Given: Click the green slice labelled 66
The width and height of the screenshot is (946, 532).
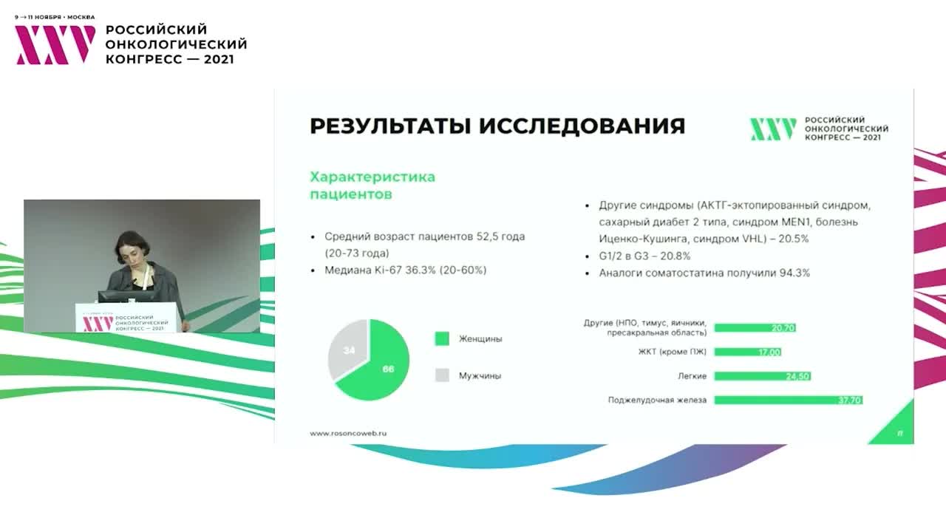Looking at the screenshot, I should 381,366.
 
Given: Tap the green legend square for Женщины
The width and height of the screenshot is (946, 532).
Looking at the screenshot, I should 442,338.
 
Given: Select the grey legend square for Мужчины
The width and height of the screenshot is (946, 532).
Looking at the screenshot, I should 442,375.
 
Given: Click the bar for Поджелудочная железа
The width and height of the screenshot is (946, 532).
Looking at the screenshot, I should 788,400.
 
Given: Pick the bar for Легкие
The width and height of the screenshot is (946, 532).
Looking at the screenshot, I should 762,376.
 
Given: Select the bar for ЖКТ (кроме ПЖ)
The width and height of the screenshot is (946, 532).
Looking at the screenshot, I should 747,352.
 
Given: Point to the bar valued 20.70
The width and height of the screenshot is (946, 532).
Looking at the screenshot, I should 755,327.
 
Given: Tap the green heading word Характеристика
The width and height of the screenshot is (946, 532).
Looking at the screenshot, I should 372,177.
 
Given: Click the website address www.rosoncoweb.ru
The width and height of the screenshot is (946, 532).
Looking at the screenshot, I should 348,433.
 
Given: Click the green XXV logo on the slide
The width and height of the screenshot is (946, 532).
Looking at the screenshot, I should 773,129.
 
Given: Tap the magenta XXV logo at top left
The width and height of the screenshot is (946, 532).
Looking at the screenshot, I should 55,44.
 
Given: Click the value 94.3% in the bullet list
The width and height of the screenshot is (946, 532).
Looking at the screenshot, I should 793,273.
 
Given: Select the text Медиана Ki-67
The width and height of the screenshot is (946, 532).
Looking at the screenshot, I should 364,270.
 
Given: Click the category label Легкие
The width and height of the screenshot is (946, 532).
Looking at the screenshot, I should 692,376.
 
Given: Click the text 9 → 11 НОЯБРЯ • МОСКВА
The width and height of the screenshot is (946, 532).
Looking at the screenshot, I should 55,17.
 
